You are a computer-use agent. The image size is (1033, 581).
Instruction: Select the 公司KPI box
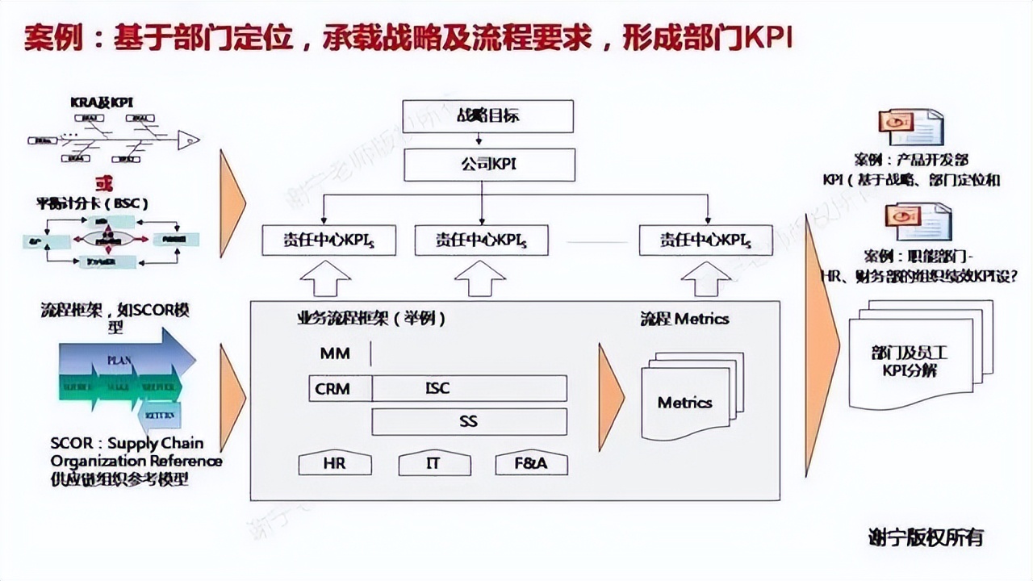coord(490,165)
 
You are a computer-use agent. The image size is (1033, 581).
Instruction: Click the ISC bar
coord(469,388)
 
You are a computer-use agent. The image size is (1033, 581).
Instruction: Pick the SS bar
coord(469,421)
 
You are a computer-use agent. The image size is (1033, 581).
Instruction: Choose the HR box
coord(335,464)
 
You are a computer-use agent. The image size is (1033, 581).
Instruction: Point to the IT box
coord(433,464)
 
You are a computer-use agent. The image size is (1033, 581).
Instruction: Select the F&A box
coord(531,464)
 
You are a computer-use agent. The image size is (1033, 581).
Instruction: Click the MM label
coord(335,353)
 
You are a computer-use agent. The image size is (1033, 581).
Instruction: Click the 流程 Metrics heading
coord(684,319)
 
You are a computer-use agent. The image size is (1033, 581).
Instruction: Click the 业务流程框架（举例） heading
coord(370,319)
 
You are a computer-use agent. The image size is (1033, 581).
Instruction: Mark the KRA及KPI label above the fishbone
coord(101,102)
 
